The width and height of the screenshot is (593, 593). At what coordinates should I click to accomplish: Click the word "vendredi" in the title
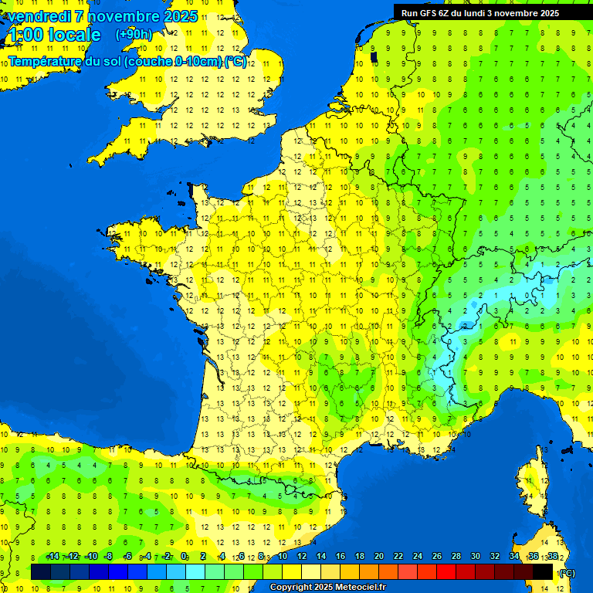[x=39, y=16]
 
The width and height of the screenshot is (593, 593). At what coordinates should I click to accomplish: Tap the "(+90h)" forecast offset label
[x=134, y=35]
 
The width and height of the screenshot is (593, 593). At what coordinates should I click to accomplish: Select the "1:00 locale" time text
[x=53, y=35]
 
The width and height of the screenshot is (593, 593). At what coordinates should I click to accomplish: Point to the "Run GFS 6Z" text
[x=425, y=13]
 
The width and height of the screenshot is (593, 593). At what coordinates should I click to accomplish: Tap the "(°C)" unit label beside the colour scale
[x=568, y=573]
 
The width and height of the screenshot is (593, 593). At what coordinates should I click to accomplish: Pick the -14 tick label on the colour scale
[x=53, y=557]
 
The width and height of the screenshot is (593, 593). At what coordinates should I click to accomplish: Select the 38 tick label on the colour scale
[x=553, y=557]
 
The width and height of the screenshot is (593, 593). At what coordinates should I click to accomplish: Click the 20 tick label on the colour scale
[x=379, y=557]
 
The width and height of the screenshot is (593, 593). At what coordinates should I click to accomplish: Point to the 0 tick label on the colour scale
[x=184, y=557]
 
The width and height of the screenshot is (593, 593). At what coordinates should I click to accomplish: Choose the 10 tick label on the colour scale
[x=282, y=557]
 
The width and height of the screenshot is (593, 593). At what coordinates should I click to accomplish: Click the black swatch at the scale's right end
[x=544, y=571]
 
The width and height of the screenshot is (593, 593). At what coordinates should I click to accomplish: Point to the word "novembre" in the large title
[x=124, y=16]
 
